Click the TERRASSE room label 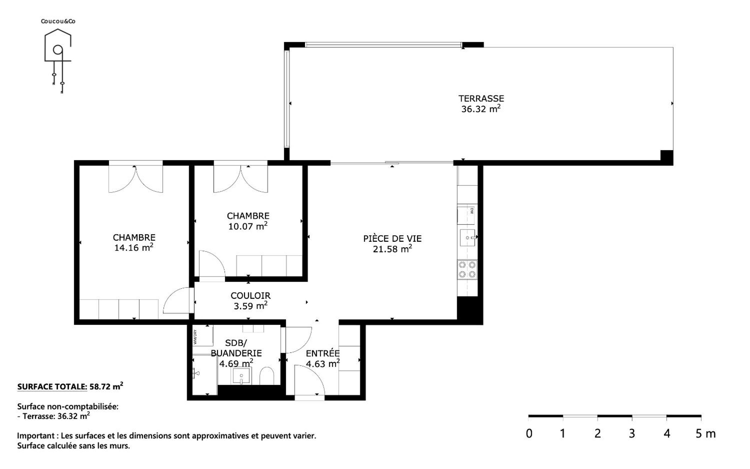pos(481,98)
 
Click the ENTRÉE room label pos(323,353)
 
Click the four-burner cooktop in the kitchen pos(467,270)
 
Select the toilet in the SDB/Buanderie pos(266,376)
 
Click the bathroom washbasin pos(241,376)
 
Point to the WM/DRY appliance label pos(195,337)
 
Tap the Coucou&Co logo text pos(58,21)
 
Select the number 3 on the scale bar pos(632,433)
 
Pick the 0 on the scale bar pos(529,433)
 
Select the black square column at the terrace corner pos(667,158)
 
